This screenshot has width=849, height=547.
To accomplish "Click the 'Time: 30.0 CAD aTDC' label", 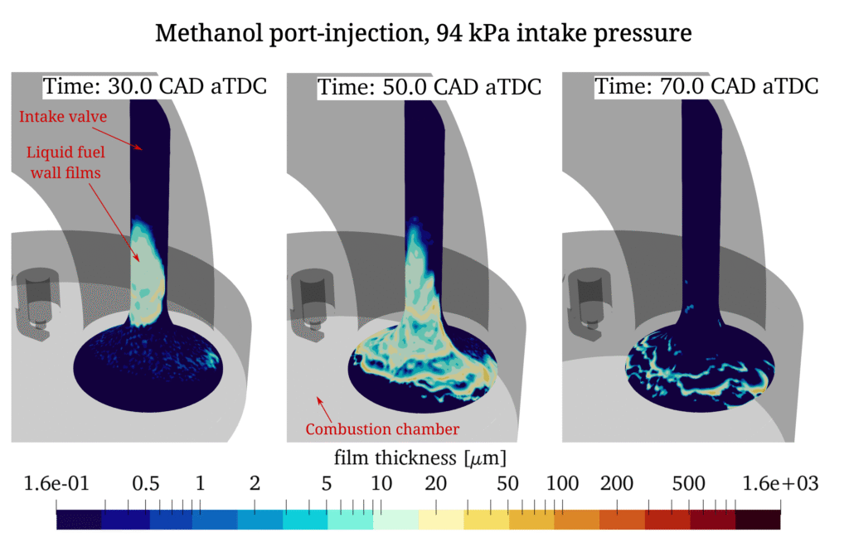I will click(x=155, y=85).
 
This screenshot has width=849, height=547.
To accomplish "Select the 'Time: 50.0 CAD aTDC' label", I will click(x=429, y=86).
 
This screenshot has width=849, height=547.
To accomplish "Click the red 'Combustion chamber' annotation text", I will click(x=382, y=428).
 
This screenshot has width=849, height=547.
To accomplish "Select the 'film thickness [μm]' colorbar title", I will click(x=420, y=457).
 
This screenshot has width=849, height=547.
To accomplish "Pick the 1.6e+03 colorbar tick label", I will click(x=779, y=483).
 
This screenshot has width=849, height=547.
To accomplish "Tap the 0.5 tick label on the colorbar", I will click(x=147, y=483).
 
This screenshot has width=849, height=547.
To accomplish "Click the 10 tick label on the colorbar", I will click(x=381, y=483).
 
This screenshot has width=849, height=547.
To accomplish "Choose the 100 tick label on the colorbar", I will click(x=562, y=483).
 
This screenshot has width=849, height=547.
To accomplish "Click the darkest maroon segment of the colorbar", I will click(x=758, y=520).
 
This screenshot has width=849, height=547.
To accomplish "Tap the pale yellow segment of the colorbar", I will click(x=441, y=520).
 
